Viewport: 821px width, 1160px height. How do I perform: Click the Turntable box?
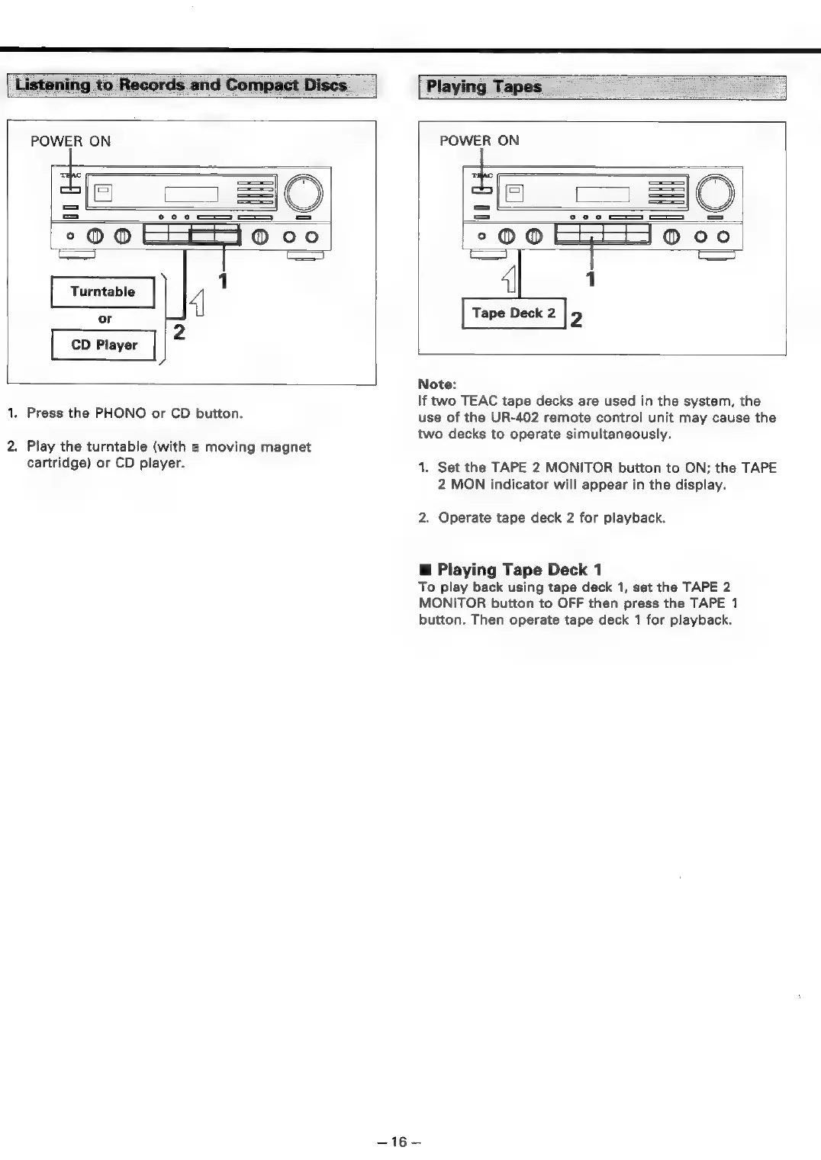(x=102, y=291)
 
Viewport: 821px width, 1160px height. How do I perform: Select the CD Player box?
(x=104, y=345)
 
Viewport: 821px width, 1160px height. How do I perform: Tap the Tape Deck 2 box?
(x=514, y=313)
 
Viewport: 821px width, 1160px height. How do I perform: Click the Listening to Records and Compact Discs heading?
(x=181, y=85)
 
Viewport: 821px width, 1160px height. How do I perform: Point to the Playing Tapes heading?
(x=484, y=86)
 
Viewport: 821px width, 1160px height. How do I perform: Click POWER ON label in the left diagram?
(x=70, y=141)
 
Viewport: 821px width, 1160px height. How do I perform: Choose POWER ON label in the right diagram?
(x=479, y=140)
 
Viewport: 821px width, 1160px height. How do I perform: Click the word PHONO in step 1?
(x=120, y=413)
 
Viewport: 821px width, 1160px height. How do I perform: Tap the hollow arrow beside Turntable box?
(x=196, y=303)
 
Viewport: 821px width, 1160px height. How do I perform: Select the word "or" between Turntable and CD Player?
(x=105, y=319)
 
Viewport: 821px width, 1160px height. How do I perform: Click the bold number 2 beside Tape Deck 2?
(x=576, y=320)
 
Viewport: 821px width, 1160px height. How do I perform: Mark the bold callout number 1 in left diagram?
(x=223, y=281)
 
